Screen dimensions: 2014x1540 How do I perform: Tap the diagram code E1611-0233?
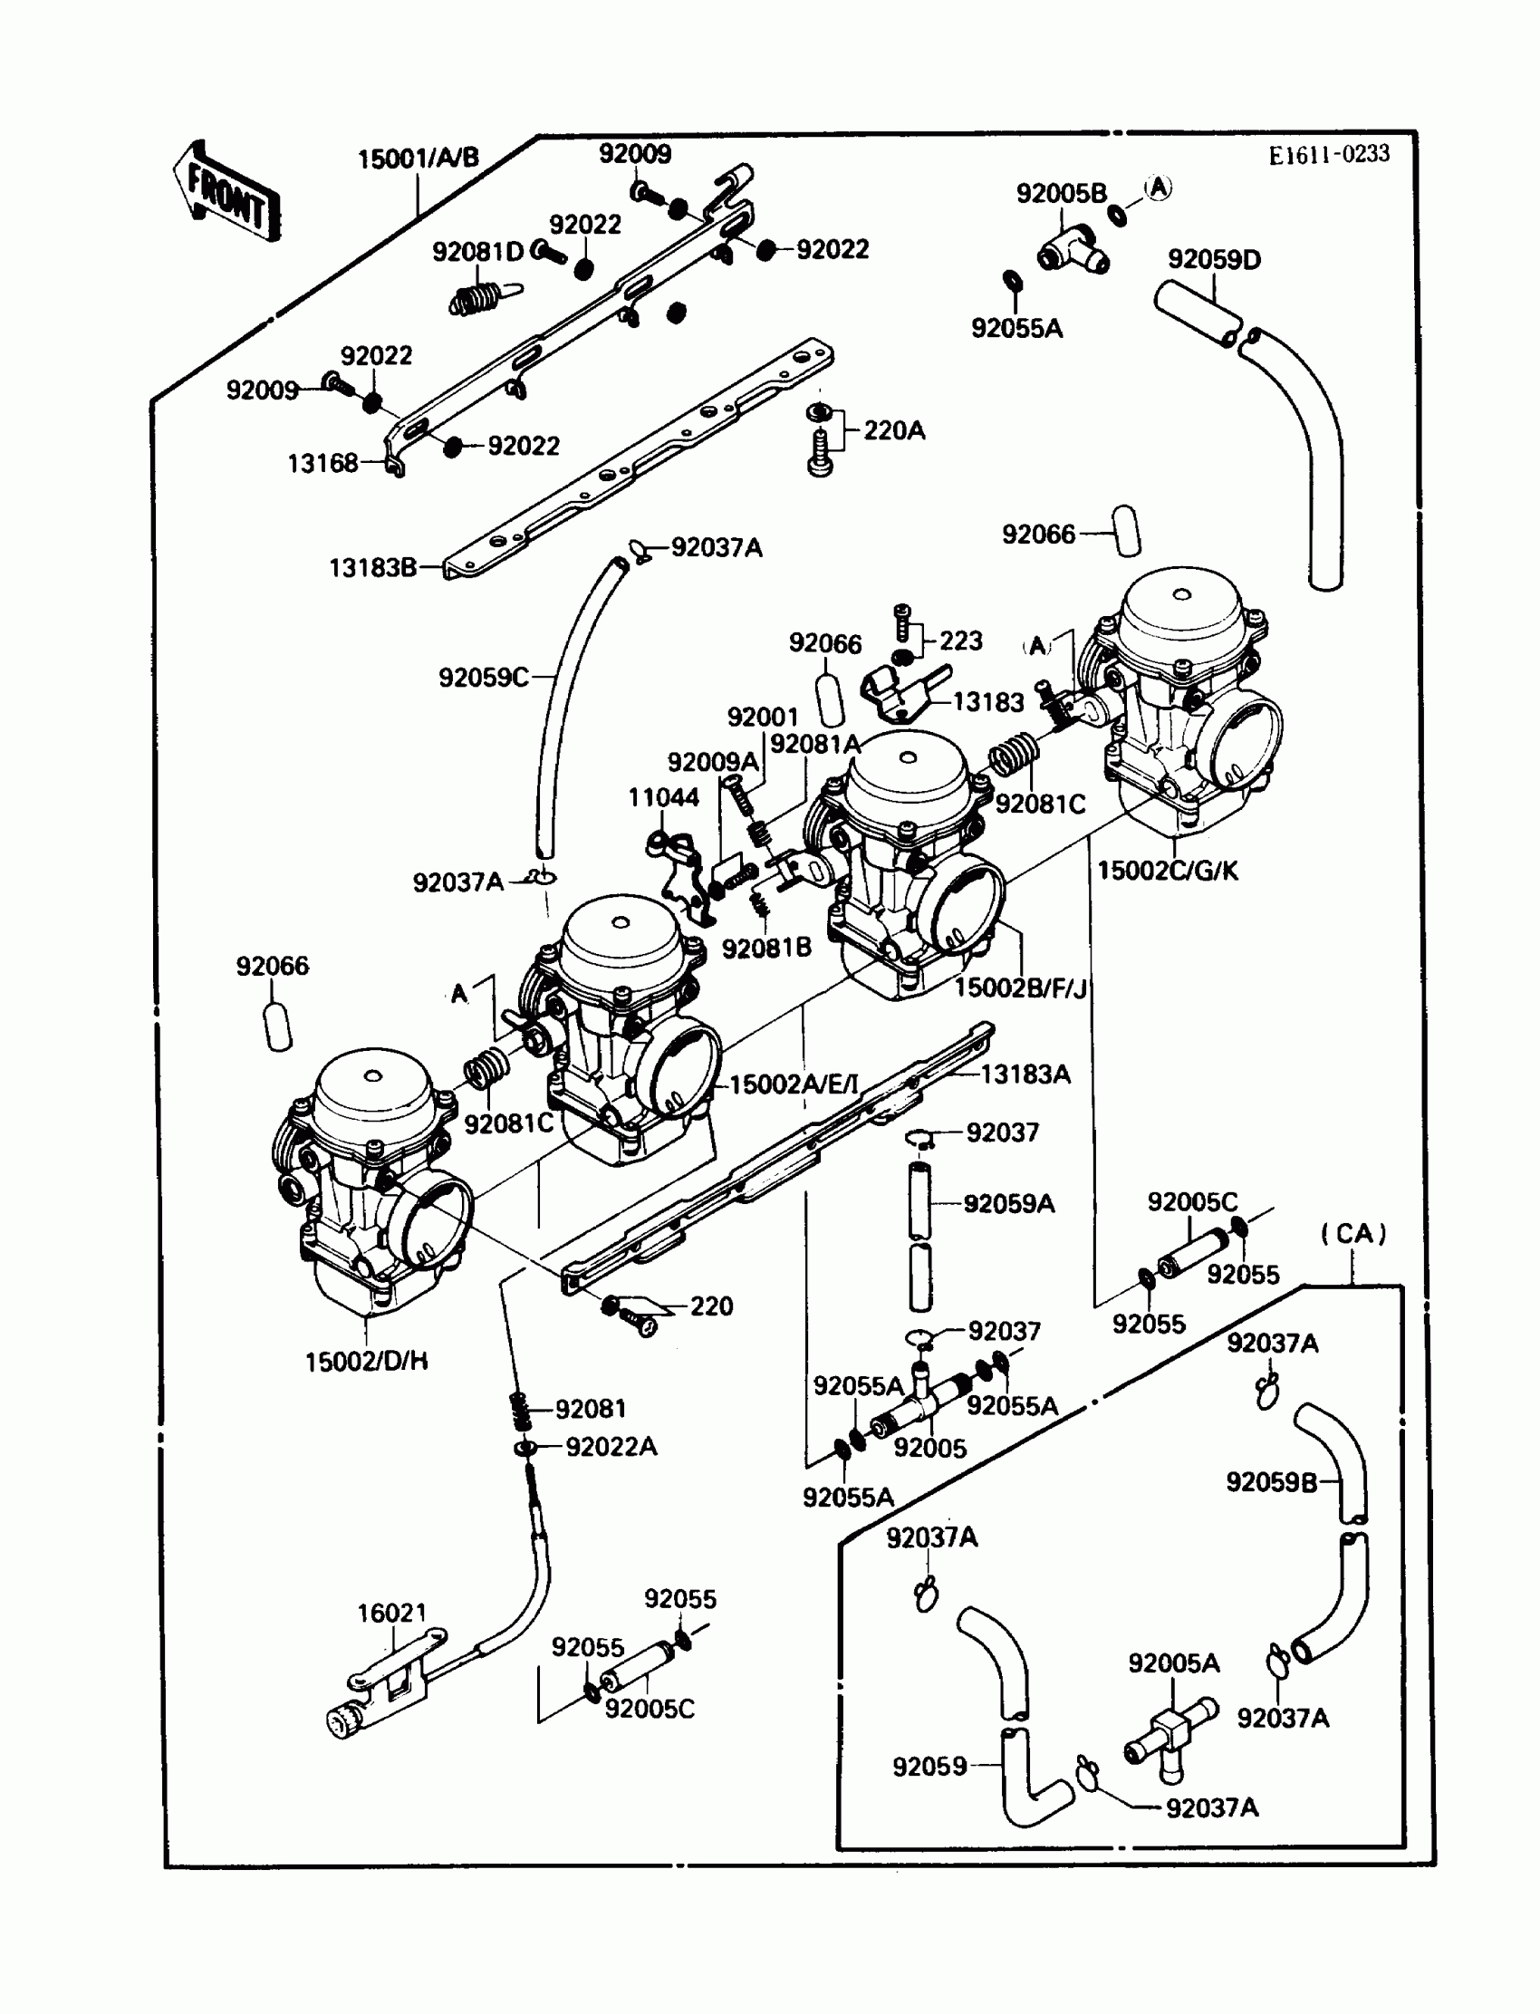click(x=1328, y=155)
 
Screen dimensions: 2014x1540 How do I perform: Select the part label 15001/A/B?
click(x=418, y=159)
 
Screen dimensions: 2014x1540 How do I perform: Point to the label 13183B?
click(x=372, y=568)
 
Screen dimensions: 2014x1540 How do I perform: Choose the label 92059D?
click(x=1214, y=259)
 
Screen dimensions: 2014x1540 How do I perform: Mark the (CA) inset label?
click(x=1353, y=1233)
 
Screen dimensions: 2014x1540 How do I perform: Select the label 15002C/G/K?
click(x=1167, y=871)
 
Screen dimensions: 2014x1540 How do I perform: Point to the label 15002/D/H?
click(x=366, y=1362)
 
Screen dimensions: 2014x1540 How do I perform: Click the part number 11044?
click(x=663, y=797)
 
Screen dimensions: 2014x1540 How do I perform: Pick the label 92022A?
click(x=611, y=1447)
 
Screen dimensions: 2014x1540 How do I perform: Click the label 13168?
click(x=322, y=464)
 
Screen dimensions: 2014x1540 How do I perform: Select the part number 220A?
click(x=894, y=430)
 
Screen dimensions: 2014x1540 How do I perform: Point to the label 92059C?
click(x=483, y=678)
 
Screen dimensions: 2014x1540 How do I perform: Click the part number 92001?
click(x=763, y=717)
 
